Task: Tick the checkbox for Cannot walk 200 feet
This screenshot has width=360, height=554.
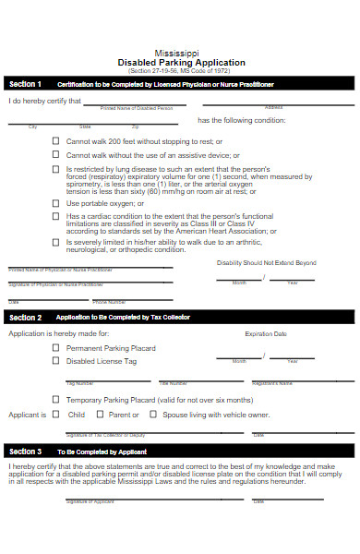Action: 56,141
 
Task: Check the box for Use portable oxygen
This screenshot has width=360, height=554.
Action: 56,202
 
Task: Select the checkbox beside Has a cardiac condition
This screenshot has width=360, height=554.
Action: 56,217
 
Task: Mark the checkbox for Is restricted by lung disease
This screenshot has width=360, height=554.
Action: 56,171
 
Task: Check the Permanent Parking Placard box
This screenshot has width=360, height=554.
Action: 56,348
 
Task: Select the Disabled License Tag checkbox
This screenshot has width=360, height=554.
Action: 56,362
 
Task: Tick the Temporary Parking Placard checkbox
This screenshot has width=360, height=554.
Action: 56,400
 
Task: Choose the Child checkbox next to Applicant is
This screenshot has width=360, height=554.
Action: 55,415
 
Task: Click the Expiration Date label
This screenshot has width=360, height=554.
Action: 265,333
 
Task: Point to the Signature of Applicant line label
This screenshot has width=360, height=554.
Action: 90,501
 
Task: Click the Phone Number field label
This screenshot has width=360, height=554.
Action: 110,301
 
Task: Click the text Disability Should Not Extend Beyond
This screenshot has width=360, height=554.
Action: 266,262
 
